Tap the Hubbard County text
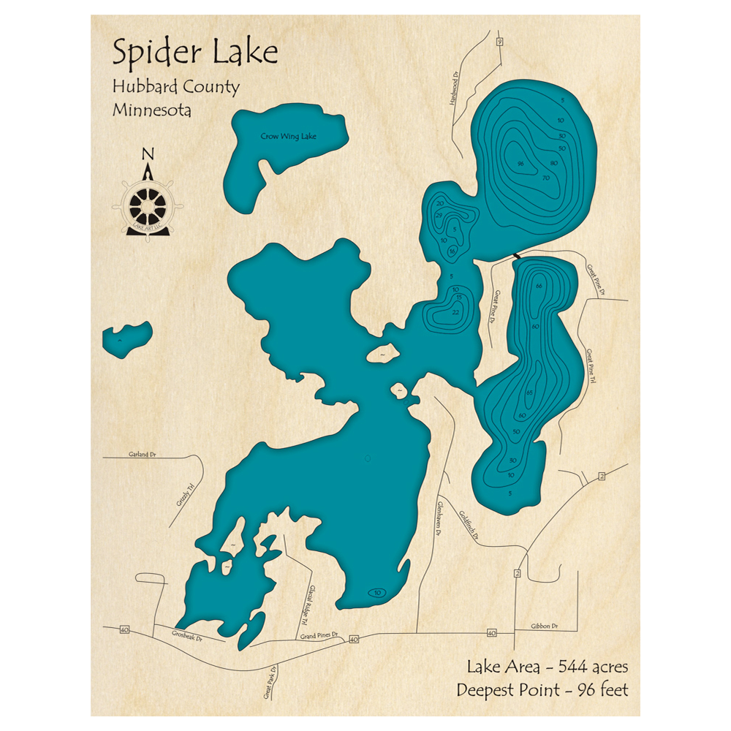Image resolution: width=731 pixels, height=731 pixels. point(175,87)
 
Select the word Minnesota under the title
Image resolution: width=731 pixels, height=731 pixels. point(152,110)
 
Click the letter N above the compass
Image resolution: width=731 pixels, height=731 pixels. point(148,154)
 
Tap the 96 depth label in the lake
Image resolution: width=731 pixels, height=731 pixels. point(520,163)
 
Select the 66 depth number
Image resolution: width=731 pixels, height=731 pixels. point(539,285)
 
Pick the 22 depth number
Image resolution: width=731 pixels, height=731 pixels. point(455,313)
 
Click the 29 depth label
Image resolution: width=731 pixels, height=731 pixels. point(439,215)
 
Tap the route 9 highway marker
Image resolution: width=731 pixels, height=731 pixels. point(499,42)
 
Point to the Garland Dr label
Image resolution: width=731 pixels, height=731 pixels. point(142,455)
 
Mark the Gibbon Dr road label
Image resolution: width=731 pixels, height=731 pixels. point(545,626)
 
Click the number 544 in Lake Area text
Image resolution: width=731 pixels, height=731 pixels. point(575,667)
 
